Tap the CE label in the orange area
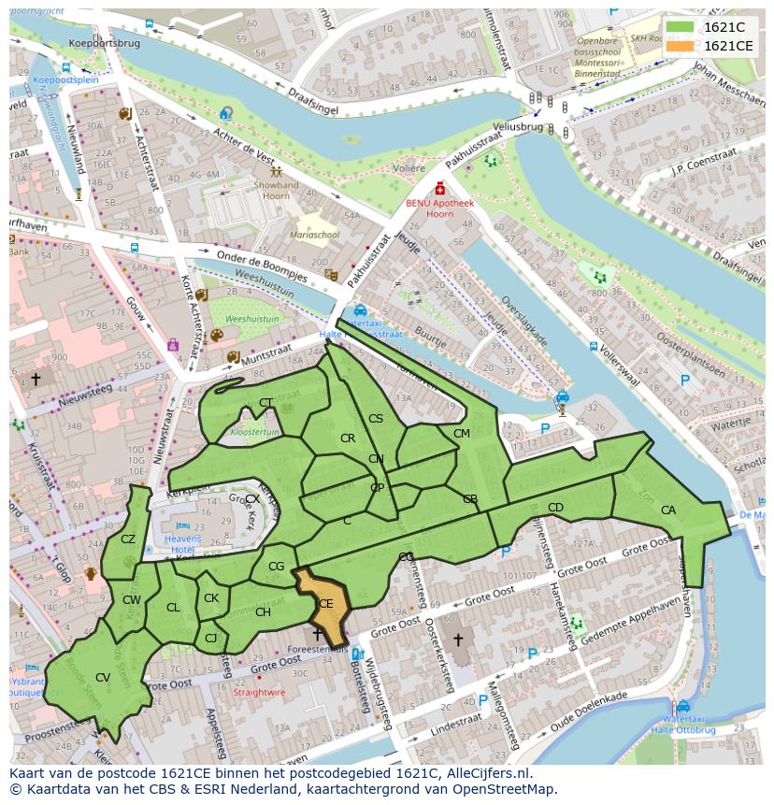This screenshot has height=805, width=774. pyautogui.click(x=325, y=604)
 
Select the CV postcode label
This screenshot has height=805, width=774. pyautogui.click(x=103, y=677)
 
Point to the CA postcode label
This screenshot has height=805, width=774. pyautogui.click(x=667, y=510)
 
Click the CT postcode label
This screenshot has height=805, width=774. pyautogui.click(x=266, y=403)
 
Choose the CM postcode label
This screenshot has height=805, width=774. pyautogui.click(x=461, y=434)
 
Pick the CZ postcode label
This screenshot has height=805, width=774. pyautogui.click(x=128, y=539)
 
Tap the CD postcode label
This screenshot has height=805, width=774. pyautogui.click(x=555, y=508)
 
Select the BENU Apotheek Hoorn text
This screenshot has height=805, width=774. pyautogui.click(x=440, y=208)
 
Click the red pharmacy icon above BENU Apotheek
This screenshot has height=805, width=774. pyautogui.click(x=440, y=188)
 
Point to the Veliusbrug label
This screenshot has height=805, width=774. pyautogui.click(x=517, y=125)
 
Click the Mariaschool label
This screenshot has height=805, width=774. pyautogui.click(x=314, y=234)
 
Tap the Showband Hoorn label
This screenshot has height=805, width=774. pyautogui.click(x=276, y=190)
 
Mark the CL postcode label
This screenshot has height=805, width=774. pyautogui.click(x=173, y=608)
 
